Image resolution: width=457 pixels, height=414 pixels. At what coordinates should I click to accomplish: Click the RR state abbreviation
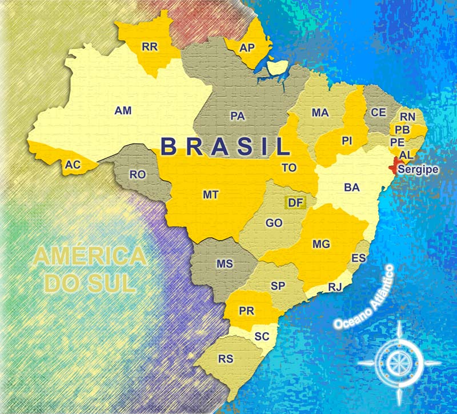point(149,46)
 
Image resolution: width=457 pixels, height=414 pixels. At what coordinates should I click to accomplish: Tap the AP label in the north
point(247,48)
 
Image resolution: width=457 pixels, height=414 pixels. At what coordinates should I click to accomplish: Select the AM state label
point(123,110)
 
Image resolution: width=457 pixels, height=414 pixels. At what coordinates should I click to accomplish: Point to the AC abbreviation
point(72,165)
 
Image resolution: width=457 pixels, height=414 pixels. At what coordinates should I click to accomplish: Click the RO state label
point(138,175)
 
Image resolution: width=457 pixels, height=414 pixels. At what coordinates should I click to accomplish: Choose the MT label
point(210,194)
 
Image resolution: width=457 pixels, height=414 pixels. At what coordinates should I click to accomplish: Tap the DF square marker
point(295,202)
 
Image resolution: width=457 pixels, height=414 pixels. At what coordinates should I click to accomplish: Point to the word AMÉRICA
point(89,257)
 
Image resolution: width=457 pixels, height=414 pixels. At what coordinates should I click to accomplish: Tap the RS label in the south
point(226,359)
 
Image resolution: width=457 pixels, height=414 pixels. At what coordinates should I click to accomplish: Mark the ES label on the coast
point(359,259)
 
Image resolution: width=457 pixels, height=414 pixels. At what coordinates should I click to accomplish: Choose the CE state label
point(379,113)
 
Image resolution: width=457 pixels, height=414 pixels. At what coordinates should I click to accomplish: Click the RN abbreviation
point(407,117)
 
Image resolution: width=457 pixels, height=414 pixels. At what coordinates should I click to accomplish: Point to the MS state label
point(225,264)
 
